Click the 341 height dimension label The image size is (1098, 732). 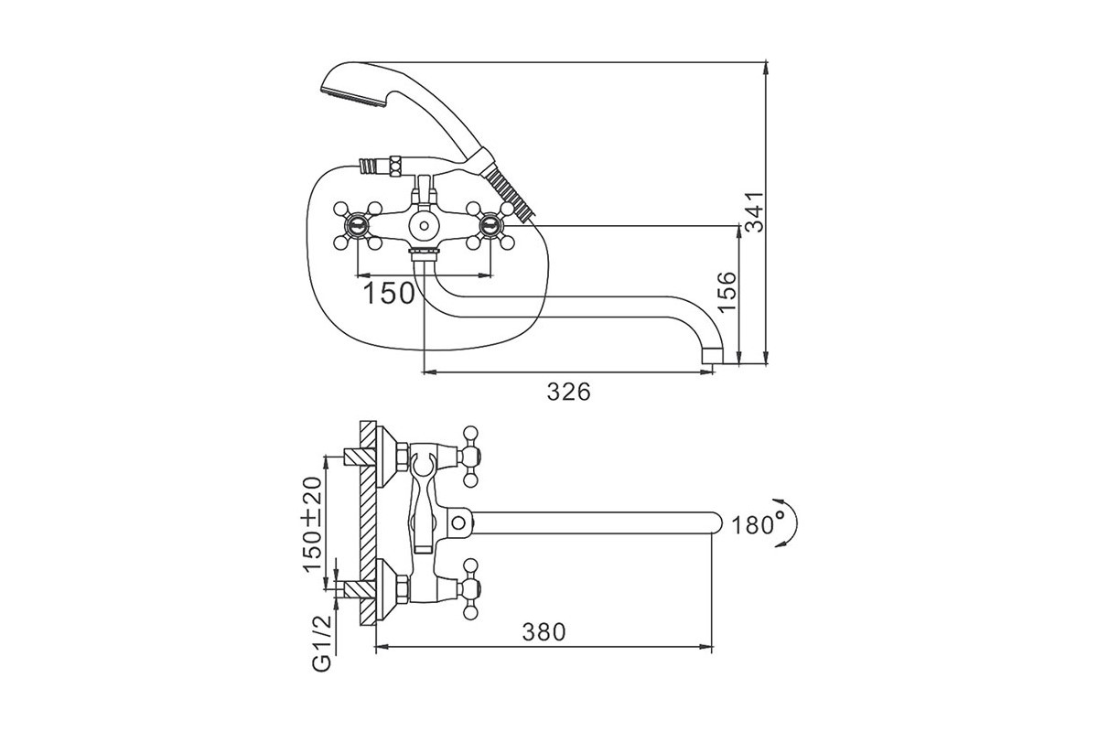[754, 211]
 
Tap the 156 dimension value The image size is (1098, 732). [727, 291]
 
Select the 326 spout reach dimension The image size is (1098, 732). [568, 392]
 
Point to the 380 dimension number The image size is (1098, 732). [544, 632]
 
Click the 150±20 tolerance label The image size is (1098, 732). [313, 524]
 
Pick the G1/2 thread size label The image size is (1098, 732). [322, 644]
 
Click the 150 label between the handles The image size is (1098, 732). [389, 294]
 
